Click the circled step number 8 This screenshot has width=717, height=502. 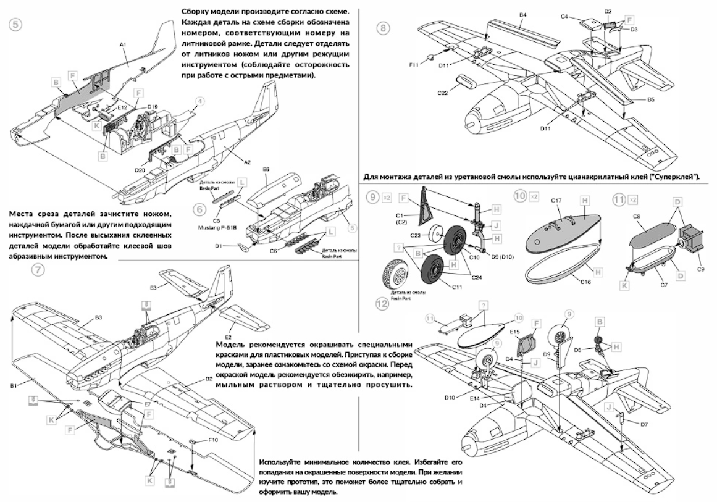point(384,29)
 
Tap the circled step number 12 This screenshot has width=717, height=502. point(383,303)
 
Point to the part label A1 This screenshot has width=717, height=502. point(123,44)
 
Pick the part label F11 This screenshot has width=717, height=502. point(413,63)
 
